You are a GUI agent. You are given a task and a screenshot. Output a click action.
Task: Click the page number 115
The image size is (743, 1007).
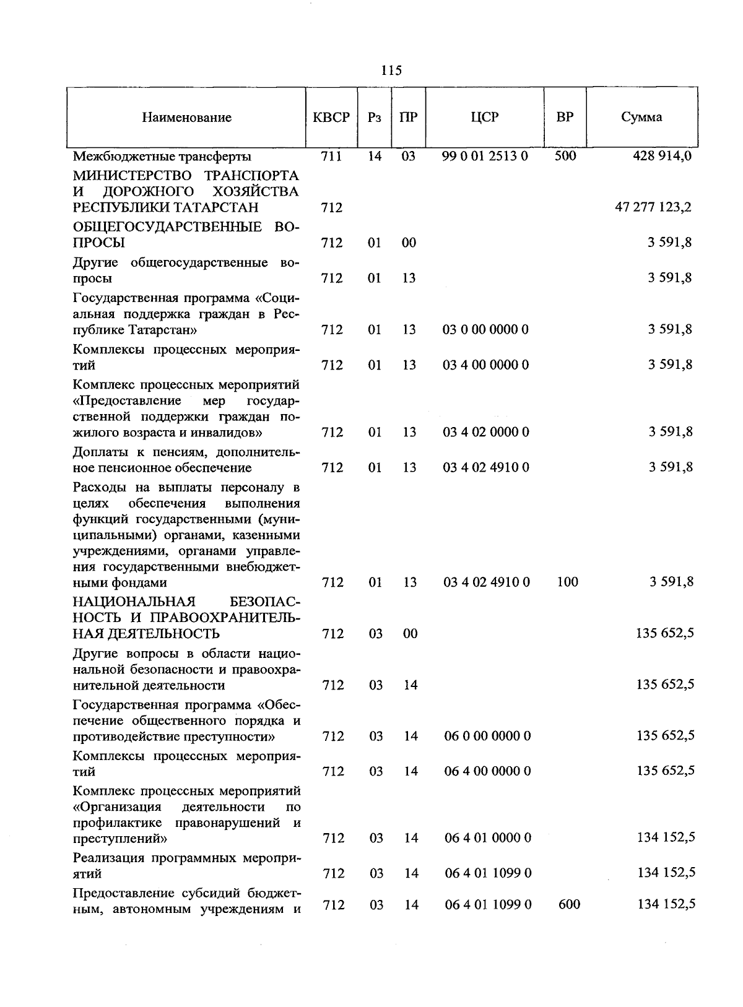pos(391,71)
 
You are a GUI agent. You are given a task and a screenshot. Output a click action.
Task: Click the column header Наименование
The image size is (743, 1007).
pos(186,118)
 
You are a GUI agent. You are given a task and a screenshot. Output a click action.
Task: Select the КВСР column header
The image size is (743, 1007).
pos(331,118)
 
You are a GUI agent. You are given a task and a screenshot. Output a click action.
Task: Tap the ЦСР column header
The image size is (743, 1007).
pos(484,118)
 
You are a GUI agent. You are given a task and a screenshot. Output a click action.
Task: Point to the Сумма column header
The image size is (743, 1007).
pos(641,118)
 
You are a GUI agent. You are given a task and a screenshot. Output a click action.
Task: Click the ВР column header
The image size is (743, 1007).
pos(565,118)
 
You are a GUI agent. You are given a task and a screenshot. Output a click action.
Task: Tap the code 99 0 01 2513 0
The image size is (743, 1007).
pos(485,156)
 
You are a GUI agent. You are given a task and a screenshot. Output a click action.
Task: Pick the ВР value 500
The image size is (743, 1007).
pos(565,156)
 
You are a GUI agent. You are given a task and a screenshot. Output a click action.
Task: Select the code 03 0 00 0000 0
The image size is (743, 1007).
pos(485,330)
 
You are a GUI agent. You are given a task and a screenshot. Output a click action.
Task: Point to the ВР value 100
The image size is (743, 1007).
pos(567,582)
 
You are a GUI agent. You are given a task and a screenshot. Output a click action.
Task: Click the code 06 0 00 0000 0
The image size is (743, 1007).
pos(487,736)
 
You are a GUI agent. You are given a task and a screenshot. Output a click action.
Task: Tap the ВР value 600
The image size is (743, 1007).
pos(569,905)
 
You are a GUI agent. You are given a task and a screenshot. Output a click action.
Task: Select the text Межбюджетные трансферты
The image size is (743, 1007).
pos(162,157)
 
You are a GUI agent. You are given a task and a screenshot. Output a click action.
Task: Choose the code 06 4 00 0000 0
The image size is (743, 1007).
pos(487,771)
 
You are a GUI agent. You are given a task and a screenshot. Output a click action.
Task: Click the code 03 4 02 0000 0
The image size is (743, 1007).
pos(485,432)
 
